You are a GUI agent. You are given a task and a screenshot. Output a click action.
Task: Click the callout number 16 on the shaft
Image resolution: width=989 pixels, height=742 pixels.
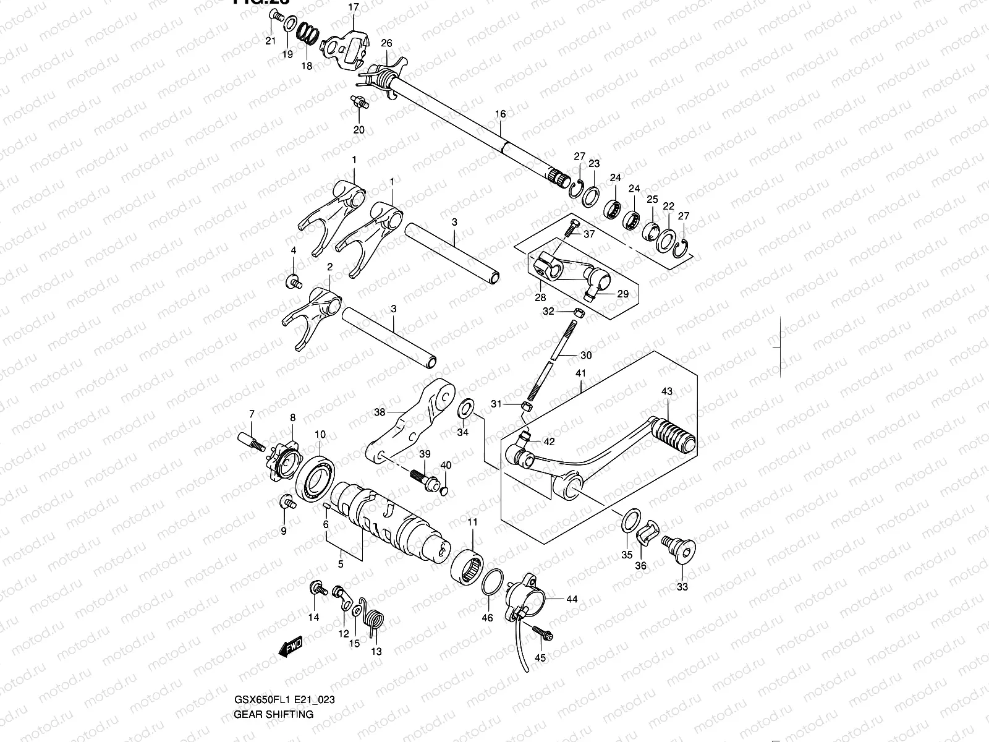[500, 114]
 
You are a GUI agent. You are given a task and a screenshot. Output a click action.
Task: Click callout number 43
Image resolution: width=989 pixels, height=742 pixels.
[666, 392]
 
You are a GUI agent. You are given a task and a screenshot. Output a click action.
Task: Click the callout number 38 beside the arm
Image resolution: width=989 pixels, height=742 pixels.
[380, 412]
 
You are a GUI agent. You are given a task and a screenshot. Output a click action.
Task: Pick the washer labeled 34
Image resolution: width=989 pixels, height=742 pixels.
[465, 408]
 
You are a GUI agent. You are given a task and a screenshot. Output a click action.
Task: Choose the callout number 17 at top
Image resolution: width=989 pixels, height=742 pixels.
[353, 7]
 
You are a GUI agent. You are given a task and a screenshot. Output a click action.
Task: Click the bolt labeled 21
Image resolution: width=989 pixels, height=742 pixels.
[273, 23]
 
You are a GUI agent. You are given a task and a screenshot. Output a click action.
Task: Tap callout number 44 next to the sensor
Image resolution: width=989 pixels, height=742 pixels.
[571, 599]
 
